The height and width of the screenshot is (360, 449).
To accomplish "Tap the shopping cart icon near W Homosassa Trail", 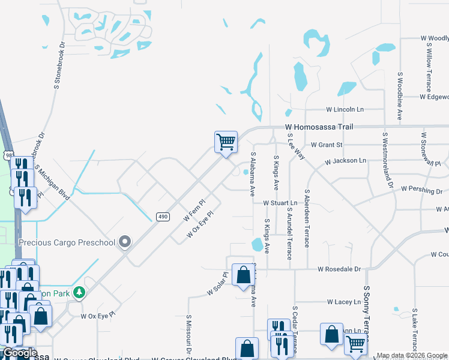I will coord(226,143).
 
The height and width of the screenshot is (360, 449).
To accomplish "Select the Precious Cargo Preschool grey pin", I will coord(125,242).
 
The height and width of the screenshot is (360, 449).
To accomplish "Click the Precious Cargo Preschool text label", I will coord(67,242).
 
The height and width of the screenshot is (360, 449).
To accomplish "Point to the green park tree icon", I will coord(78,292).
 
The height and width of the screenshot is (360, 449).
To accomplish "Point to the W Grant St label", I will coord(327,145).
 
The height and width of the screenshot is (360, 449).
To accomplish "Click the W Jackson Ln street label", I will coord(345,161).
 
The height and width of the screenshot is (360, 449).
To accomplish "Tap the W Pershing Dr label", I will coord(421,191).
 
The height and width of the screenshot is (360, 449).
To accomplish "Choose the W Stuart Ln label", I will coord(280,203).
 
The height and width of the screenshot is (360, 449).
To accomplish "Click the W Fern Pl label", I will coord(194,210).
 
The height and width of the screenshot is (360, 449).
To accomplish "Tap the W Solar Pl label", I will coord(218,284).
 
